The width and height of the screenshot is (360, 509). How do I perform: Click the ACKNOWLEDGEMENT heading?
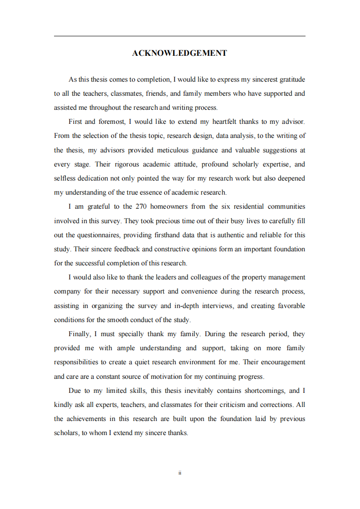180,53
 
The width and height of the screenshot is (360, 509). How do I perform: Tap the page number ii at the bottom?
180,473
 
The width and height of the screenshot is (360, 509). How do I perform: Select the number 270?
140,206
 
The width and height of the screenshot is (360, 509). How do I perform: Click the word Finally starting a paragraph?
79,334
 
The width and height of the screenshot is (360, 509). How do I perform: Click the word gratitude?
289,79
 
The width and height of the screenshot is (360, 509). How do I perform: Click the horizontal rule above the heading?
180,36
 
